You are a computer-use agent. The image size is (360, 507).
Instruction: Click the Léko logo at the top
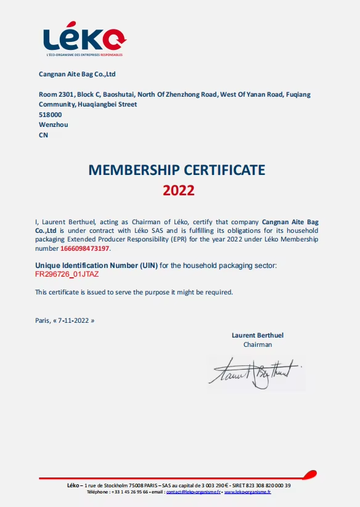pos(84,39)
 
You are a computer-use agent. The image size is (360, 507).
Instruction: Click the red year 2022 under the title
pos(179,190)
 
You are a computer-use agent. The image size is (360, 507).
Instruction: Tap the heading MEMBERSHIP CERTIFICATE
pos(177,169)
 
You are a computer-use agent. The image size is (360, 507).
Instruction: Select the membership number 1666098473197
pos(85,249)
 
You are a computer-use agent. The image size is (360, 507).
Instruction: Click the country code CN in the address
pos(43,135)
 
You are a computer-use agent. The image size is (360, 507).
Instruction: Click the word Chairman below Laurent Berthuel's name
pos(258,344)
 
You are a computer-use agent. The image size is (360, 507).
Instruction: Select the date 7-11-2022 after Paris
pos(74,320)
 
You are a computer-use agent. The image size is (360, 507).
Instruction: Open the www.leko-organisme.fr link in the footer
pos(248,492)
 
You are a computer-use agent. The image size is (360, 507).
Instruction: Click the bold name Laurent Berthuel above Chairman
pos(258,335)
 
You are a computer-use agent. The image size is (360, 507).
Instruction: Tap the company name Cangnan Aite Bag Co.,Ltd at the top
pos(78,75)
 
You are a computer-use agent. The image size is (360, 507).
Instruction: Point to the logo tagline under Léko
pos(84,55)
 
